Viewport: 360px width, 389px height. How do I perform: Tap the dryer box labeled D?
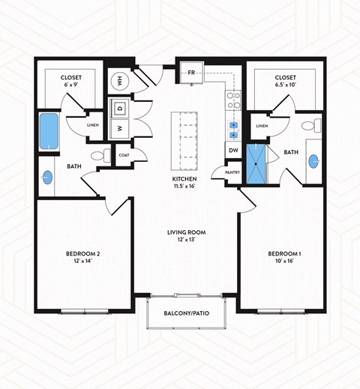[x=120, y=108]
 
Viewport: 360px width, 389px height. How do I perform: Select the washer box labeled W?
[x=120, y=128]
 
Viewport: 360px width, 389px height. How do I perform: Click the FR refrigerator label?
[x=191, y=73]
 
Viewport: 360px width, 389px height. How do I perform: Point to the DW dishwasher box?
[x=233, y=151]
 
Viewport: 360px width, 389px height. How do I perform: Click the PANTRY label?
[x=233, y=172]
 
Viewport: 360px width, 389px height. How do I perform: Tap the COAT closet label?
[x=124, y=155]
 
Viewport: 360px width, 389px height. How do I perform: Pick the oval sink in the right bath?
[x=313, y=160]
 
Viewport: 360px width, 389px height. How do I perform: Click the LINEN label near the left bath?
[x=93, y=125]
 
